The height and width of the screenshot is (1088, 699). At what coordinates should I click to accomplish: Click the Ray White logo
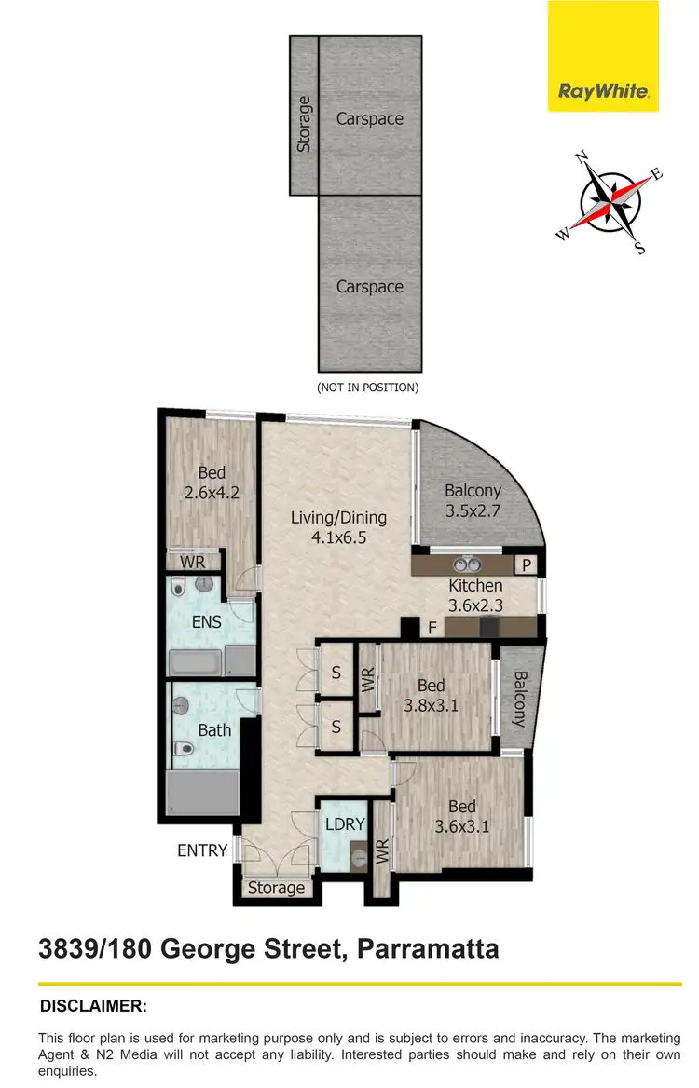[x=603, y=91]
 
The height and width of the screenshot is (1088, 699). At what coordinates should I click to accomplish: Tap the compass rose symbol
[x=611, y=203]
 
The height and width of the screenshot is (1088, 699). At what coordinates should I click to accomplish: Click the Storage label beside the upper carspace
[x=304, y=125]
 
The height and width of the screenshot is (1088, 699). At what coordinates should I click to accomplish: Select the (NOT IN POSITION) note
[x=369, y=387]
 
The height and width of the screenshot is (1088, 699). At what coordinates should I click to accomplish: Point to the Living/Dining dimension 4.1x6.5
[x=338, y=537]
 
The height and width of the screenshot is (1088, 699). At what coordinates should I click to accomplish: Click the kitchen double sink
[x=466, y=564]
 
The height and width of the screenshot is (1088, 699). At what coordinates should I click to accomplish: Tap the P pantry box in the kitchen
[x=526, y=565]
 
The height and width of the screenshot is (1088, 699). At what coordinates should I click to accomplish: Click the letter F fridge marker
[x=432, y=628]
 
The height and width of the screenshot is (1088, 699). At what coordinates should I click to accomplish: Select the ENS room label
[x=208, y=621]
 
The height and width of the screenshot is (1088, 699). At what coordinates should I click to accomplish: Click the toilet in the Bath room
[x=185, y=749]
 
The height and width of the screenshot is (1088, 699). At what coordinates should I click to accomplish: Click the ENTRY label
[x=202, y=850]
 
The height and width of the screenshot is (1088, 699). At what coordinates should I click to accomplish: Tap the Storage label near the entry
[x=276, y=888]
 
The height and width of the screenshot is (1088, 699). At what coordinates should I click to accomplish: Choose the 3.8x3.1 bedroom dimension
[x=432, y=705]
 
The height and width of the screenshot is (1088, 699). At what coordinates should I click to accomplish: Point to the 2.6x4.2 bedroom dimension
[x=212, y=493]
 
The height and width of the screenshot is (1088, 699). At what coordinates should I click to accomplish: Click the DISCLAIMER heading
[x=93, y=1006]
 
